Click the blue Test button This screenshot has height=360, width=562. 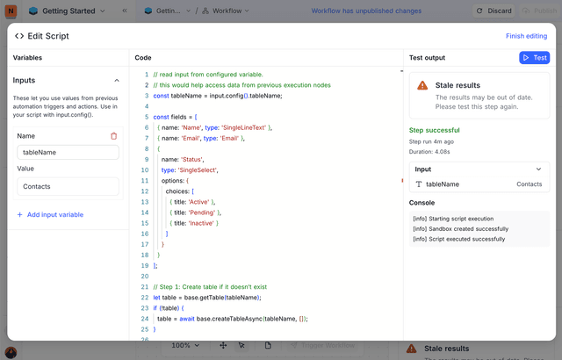click(x=534, y=58)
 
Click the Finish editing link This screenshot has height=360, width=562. click(x=526, y=36)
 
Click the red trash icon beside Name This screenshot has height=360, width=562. click(x=114, y=136)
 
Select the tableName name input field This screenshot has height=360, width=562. click(x=68, y=152)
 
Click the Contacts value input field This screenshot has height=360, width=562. click(x=68, y=186)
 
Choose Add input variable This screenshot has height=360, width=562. click(x=51, y=214)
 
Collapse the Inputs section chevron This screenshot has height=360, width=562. click(x=117, y=80)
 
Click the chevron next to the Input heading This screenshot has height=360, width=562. click(x=538, y=169)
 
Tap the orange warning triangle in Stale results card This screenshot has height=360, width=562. click(x=422, y=85)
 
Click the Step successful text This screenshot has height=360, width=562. click(x=435, y=130)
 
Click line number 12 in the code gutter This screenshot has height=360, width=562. click(x=145, y=191)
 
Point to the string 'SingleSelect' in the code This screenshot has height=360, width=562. click(x=198, y=170)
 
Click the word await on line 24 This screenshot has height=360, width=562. click(x=187, y=319)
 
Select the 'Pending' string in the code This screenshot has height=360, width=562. click(x=202, y=212)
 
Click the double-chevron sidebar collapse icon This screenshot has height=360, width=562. click(x=125, y=11)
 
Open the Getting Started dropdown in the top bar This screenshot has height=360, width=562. click(x=68, y=11)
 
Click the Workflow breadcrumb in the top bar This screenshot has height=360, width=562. click(x=226, y=11)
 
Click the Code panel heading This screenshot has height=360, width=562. click(x=143, y=58)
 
